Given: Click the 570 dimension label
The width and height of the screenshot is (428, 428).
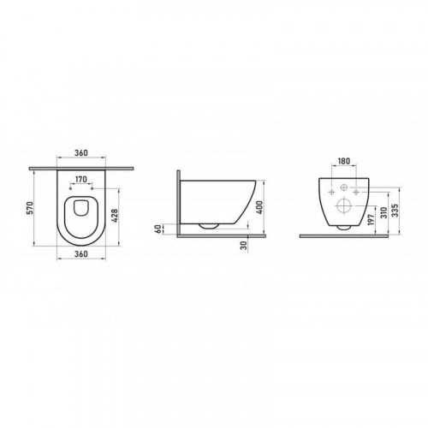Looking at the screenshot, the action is (31, 208).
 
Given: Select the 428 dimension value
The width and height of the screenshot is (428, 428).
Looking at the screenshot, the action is (114, 216).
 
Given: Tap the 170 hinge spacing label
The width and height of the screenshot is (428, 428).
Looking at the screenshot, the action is (81, 180).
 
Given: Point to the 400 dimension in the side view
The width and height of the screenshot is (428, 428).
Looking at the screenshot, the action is (259, 207).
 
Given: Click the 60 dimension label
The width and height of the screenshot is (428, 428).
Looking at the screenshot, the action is (158, 229).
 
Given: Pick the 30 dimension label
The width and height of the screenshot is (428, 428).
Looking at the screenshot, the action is (243, 246).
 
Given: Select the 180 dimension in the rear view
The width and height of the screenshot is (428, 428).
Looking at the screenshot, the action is (344, 161).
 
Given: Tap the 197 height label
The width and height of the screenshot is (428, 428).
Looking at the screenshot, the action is (371, 220).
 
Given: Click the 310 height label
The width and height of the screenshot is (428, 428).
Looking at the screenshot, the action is (383, 212).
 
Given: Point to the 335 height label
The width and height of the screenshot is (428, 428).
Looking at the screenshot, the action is (395, 211).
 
